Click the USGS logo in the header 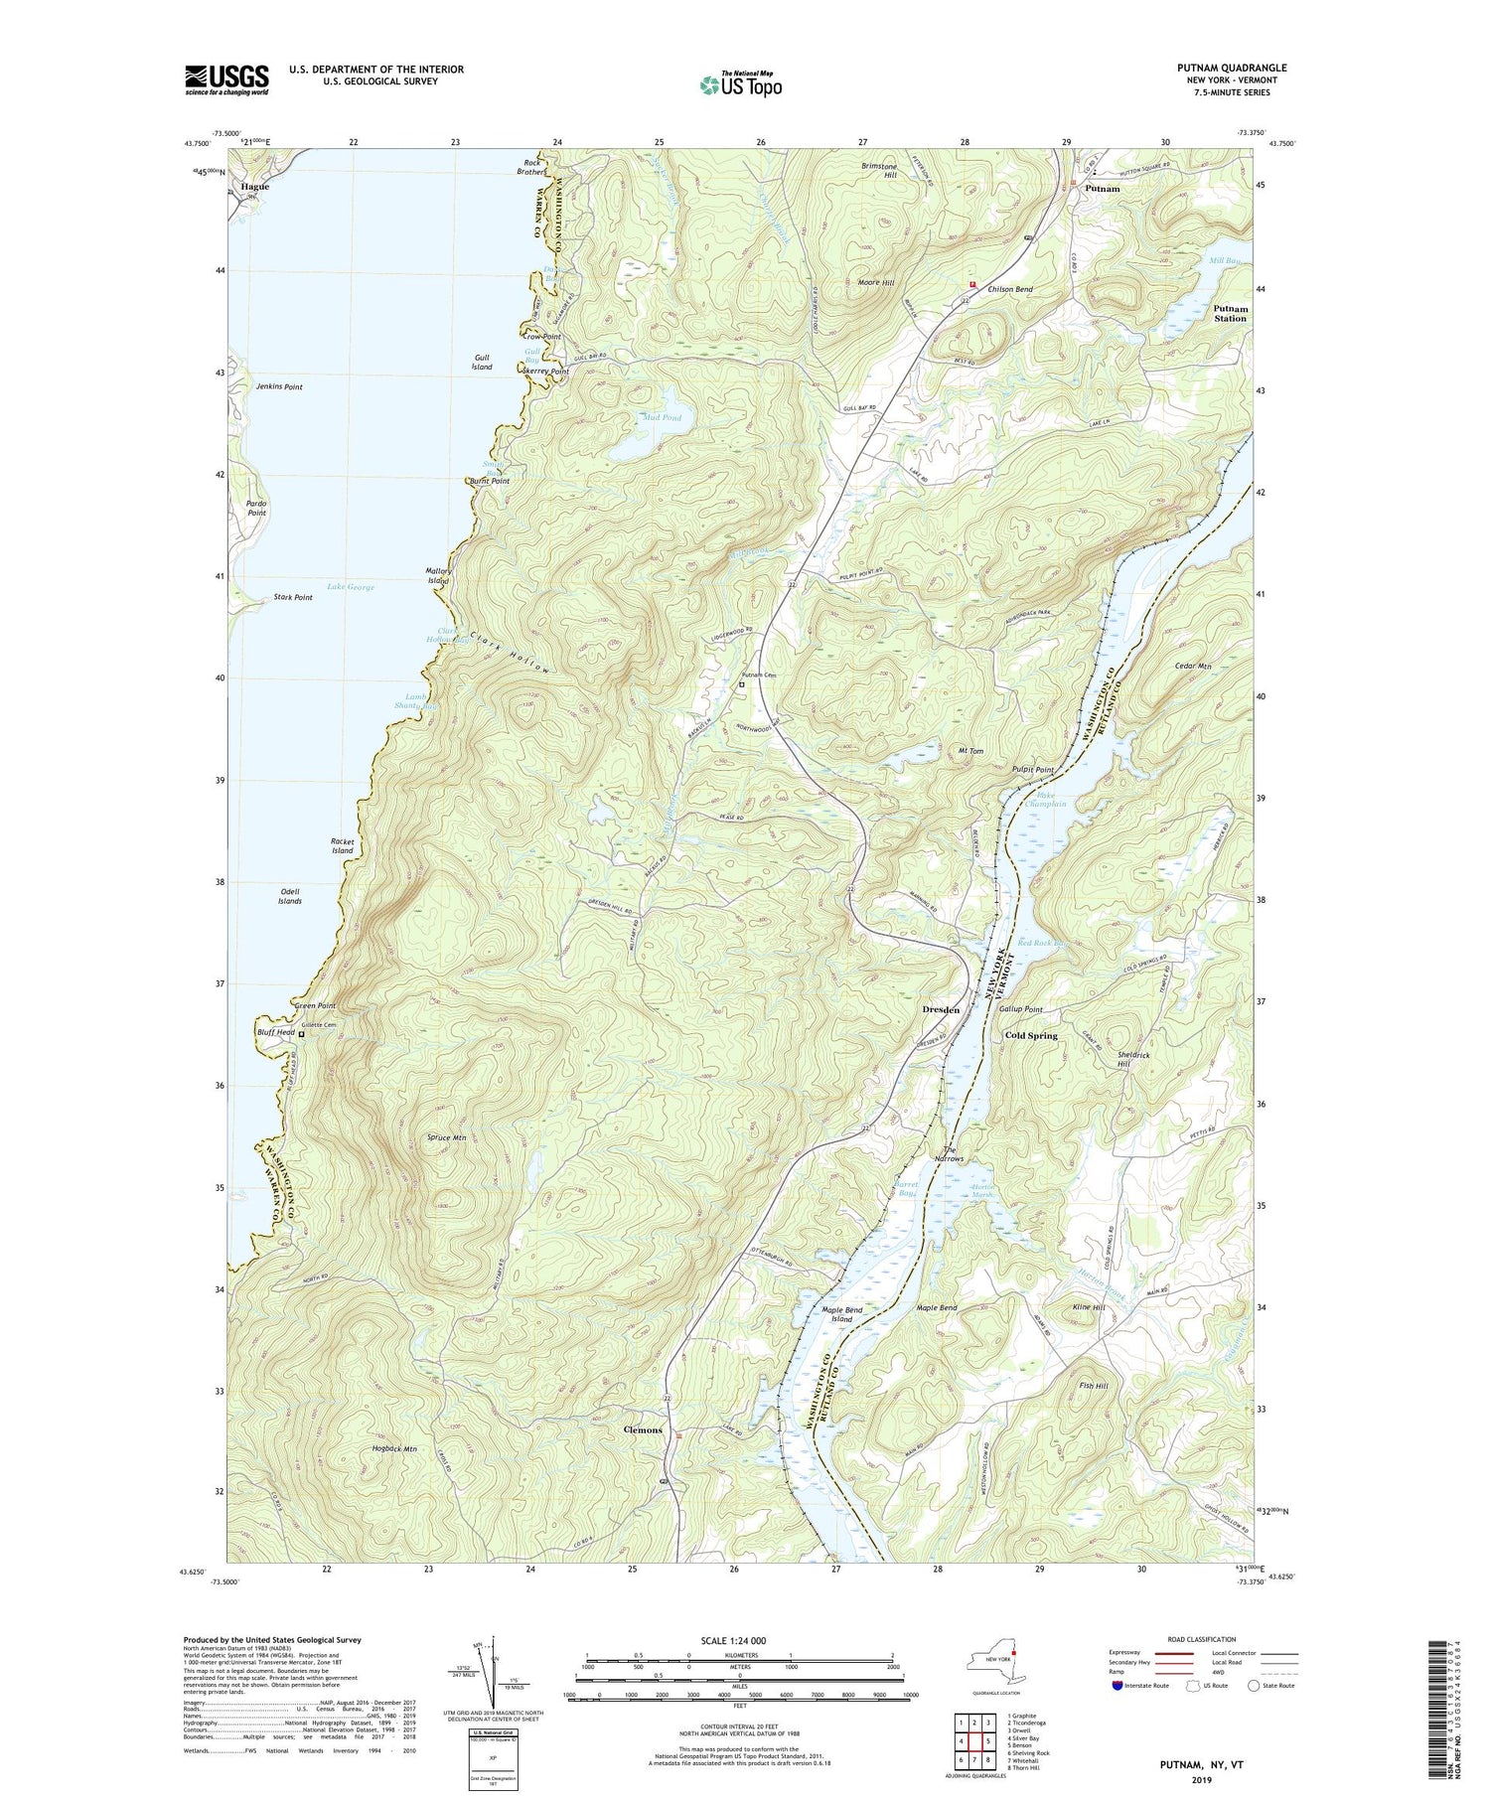tap(226, 79)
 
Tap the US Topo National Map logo tap(740, 83)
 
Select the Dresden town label tap(940, 1009)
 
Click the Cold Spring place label tap(1030, 1035)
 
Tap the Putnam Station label tap(1230, 314)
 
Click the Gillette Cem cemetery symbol tap(302, 1034)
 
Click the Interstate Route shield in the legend tap(1117, 1685)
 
